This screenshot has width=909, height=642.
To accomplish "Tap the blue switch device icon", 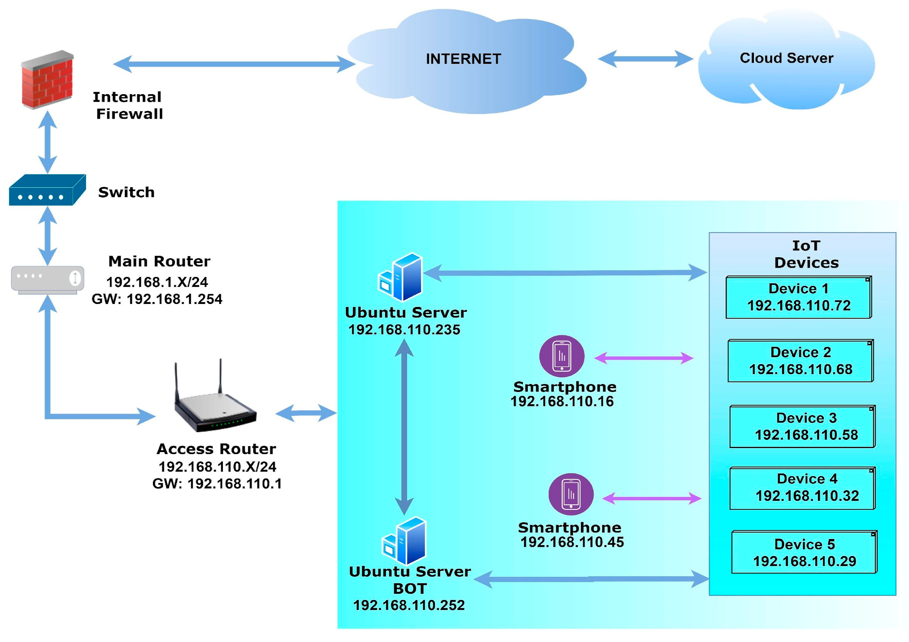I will point(47,190).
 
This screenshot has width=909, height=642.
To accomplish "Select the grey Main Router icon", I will point(47,279).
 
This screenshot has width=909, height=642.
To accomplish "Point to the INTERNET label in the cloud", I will point(463,59).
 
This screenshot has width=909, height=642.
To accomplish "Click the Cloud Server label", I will point(786,58).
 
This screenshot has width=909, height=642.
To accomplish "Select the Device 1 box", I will point(798,297).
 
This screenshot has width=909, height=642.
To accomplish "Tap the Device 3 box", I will point(802,426).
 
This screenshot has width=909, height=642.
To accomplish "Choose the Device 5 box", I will point(804,552).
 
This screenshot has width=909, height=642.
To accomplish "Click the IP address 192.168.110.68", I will point(801,369).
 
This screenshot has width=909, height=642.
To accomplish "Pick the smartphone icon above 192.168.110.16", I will point(561,356).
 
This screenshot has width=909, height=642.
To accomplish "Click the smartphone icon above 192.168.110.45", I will point(571,494).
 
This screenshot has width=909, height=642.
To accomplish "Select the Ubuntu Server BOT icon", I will point(404,541).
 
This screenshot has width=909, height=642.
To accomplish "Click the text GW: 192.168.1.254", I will point(157,299).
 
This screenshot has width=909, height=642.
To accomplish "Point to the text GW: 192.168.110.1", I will point(217,484).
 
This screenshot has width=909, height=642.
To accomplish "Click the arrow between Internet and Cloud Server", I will point(645,59).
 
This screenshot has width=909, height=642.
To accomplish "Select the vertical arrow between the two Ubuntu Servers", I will point(404,426).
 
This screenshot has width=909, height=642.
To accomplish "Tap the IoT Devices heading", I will point(806,254).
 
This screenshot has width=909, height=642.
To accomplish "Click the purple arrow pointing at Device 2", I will point(644,358).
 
